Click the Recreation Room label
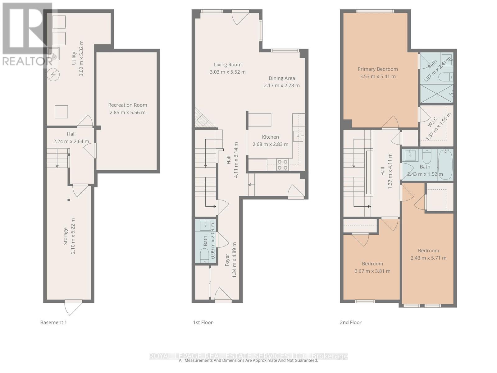click(x=128, y=105)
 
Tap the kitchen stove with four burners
click(x=282, y=164)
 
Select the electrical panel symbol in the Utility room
click(x=53, y=75)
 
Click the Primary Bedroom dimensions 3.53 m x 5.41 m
click(x=378, y=76)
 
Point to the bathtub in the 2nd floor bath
click(x=446, y=164)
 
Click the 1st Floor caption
click(x=203, y=322)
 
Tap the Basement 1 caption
click(x=53, y=322)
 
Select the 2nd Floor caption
click(x=350, y=322)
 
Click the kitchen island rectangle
click(x=260, y=120)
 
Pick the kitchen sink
click(x=298, y=136)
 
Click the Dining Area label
click(x=282, y=78)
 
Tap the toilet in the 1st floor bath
click(x=204, y=257)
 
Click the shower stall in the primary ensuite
click(x=436, y=94)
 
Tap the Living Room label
click(x=228, y=65)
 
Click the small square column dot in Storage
click(x=69, y=200)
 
